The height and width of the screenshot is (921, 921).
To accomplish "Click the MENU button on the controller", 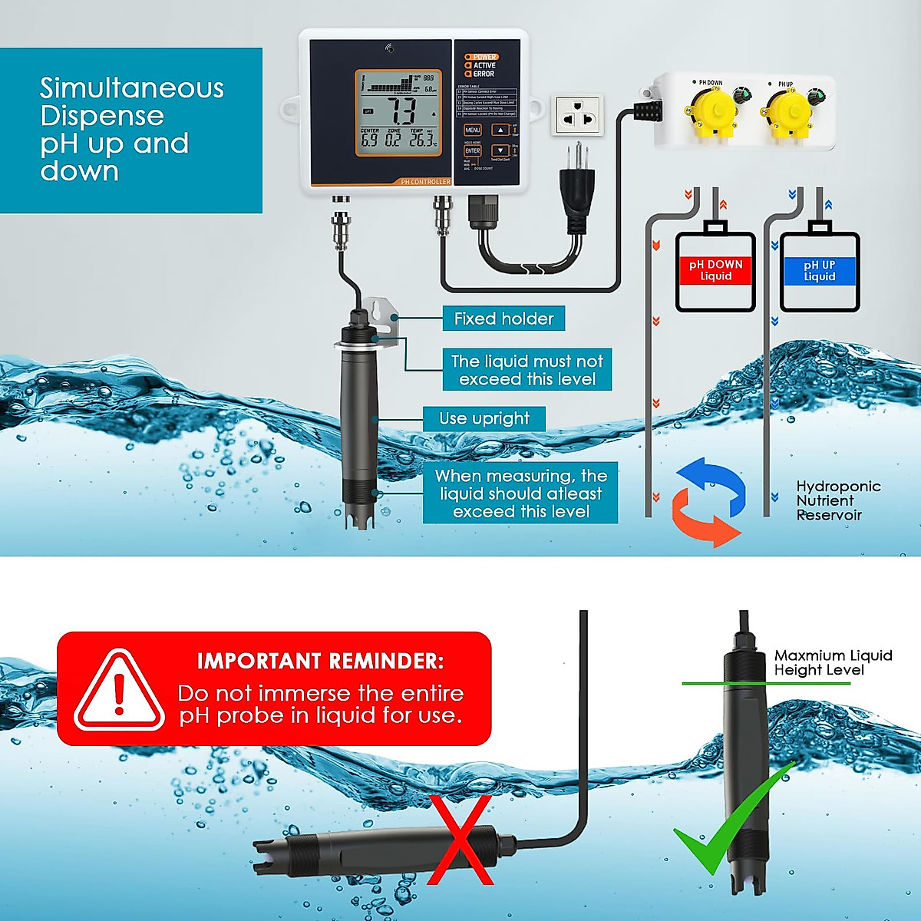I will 473,130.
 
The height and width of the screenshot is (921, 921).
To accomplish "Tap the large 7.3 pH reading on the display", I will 401,111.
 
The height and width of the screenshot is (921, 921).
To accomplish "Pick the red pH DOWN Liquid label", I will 715,270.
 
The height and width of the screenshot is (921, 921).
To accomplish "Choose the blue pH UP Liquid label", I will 819,270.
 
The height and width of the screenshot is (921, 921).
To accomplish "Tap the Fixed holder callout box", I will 503,319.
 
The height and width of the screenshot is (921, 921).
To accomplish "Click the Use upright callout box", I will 484,419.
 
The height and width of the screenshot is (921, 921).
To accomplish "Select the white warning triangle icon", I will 119,691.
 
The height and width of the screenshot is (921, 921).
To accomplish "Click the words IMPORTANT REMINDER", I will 320,661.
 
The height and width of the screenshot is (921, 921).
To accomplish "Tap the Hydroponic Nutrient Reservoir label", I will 837,500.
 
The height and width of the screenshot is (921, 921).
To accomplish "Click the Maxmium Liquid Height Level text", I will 832,662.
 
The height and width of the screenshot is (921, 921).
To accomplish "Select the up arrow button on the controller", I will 500,130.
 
